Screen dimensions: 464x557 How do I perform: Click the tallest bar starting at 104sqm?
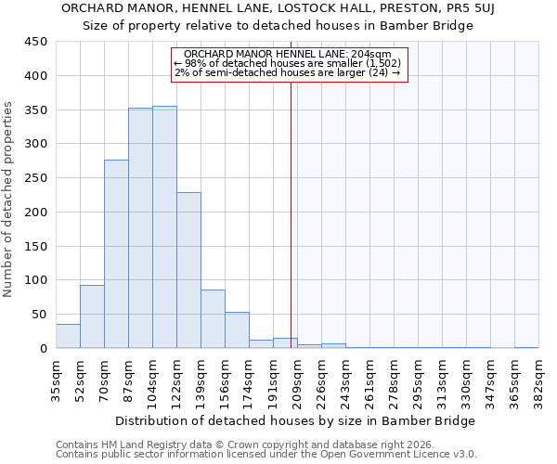click(x=164, y=227)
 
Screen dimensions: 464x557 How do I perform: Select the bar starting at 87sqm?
click(x=140, y=228)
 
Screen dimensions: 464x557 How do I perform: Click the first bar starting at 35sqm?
click(x=68, y=336)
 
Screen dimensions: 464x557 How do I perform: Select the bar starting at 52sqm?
click(x=92, y=316)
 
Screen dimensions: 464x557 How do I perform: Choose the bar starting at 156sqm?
click(x=237, y=330)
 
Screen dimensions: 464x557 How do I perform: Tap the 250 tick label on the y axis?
click(x=36, y=178)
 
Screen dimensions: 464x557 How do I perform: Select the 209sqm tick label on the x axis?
click(x=297, y=379)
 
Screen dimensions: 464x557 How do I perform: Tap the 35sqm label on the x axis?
click(x=56, y=379)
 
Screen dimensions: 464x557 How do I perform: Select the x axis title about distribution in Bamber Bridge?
click(x=295, y=420)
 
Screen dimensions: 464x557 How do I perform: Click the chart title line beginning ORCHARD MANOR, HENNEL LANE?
click(x=278, y=7)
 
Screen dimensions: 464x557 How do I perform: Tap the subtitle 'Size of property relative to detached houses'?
click(x=278, y=25)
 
